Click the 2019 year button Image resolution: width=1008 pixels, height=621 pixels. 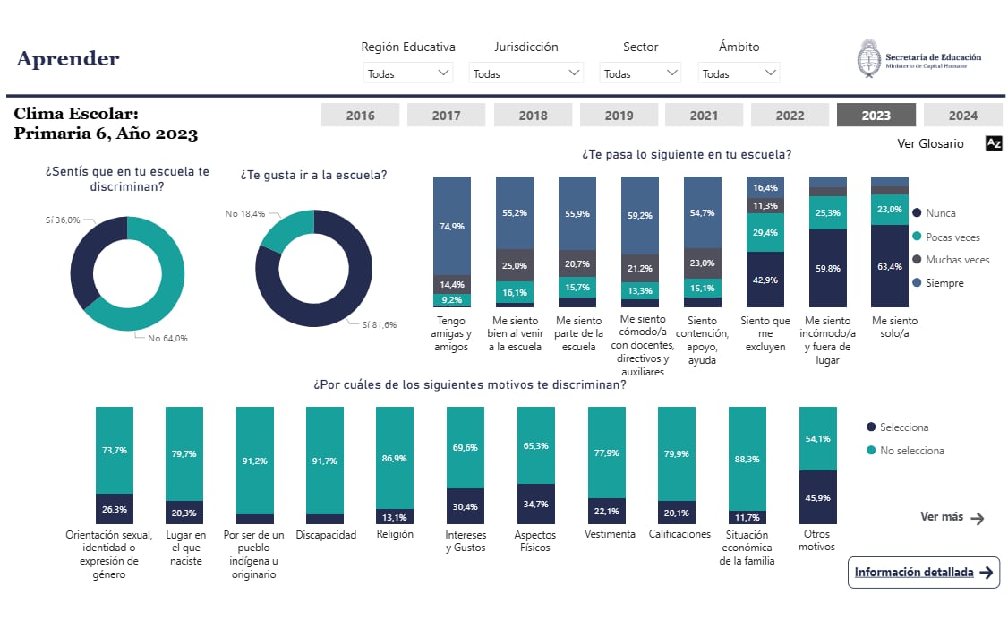[619, 116]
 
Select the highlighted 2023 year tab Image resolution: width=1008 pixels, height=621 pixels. [876, 116]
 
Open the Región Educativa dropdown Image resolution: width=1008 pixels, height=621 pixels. [408, 73]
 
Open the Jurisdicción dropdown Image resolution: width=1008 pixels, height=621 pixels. [525, 73]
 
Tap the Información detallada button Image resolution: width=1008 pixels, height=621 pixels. [923, 573]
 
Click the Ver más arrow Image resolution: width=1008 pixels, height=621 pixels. [977, 518]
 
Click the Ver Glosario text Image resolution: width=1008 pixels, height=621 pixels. [930, 143]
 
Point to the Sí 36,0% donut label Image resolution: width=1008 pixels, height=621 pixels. [63, 220]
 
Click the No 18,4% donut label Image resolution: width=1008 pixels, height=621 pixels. [245, 213]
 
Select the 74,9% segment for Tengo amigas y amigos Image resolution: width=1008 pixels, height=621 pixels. [451, 225]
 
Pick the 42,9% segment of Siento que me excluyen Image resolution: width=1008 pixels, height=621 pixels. [765, 280]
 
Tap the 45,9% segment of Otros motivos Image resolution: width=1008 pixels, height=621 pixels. [817, 497]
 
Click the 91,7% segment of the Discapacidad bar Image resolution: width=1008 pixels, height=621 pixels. [324, 460]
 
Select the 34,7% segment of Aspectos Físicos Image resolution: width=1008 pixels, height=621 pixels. [536, 505]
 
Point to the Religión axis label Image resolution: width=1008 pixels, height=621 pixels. [395, 535]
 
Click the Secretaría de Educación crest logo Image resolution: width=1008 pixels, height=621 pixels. [868, 58]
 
